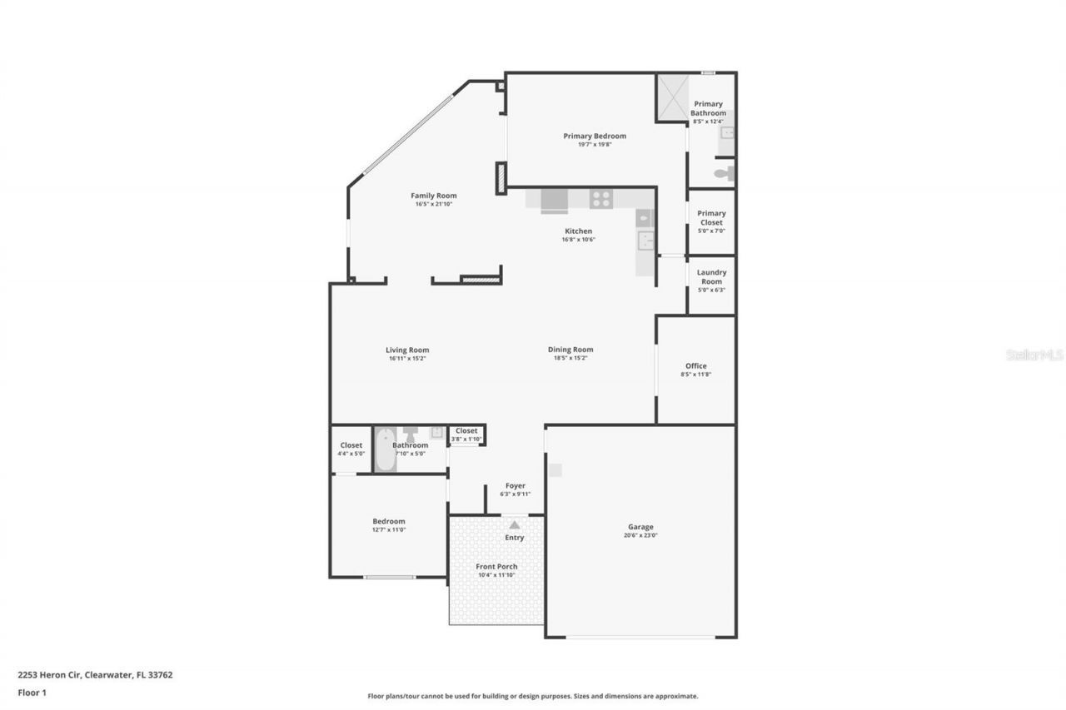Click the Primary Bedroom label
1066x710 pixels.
click(594, 136)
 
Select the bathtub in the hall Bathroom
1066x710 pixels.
click(385, 449)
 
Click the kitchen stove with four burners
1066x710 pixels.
click(601, 199)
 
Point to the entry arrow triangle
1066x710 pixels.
click(515, 524)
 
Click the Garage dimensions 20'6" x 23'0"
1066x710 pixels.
click(640, 536)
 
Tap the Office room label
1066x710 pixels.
click(695, 366)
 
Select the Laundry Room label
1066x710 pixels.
click(711, 276)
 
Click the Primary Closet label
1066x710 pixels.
click(711, 217)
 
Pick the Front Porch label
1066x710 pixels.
click(496, 567)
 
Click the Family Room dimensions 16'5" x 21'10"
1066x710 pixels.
click(433, 204)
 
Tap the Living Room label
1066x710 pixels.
click(407, 350)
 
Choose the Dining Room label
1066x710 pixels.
click(570, 350)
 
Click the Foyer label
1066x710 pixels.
click(516, 485)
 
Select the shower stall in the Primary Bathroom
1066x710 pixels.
click(672, 97)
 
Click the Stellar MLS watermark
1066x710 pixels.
click(1034, 355)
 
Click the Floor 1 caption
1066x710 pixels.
click(32, 692)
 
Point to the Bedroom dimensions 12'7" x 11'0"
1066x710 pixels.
click(389, 529)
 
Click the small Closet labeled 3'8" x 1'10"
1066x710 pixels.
click(466, 434)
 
